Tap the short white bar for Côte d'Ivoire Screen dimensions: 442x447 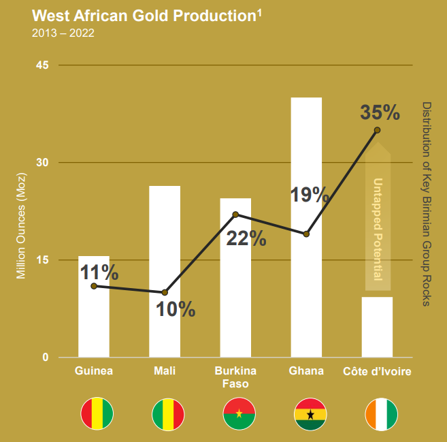tap(377, 327)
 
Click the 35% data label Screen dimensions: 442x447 tap(380, 112)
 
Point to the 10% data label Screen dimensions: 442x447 tap(176, 310)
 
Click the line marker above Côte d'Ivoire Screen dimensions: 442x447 tap(377, 130)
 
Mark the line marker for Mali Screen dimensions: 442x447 tap(165, 292)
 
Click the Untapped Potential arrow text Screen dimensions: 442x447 tap(378, 225)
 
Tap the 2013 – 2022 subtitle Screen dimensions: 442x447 tap(63, 33)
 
